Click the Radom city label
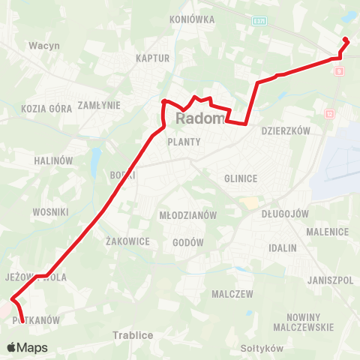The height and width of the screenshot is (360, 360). point(201,120)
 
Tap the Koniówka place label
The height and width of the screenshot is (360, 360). point(193,19)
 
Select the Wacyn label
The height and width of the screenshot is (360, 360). point(44,45)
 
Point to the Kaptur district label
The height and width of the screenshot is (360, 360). point(153,58)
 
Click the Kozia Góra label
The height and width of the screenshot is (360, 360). point(47,109)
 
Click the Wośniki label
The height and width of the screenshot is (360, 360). point(50,212)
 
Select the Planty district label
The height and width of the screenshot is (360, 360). point(184,141)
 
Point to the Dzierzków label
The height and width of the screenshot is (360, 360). point(286,130)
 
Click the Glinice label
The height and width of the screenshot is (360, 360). point(241,178)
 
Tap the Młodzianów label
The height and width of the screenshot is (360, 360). point(188,215)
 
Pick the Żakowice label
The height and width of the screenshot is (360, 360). point(128,241)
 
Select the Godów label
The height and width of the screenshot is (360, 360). point(188,243)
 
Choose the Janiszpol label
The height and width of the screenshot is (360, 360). point(330,280)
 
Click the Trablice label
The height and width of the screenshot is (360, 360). point(133,335)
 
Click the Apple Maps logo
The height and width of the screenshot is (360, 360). point(27,348)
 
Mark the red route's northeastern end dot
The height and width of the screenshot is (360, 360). point(345,40)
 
